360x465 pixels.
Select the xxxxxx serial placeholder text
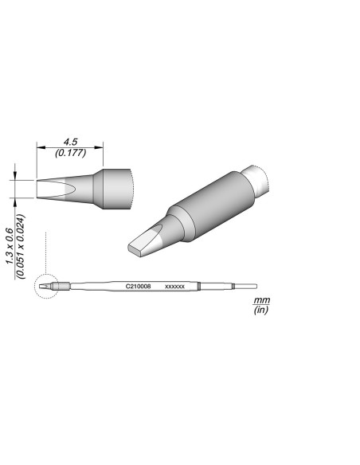(x=174, y=286)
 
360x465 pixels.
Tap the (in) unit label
(x=260, y=311)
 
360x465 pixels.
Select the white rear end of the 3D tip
(x=258, y=178)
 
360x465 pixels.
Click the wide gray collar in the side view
(x=118, y=189)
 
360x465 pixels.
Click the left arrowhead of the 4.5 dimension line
(x=41, y=148)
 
